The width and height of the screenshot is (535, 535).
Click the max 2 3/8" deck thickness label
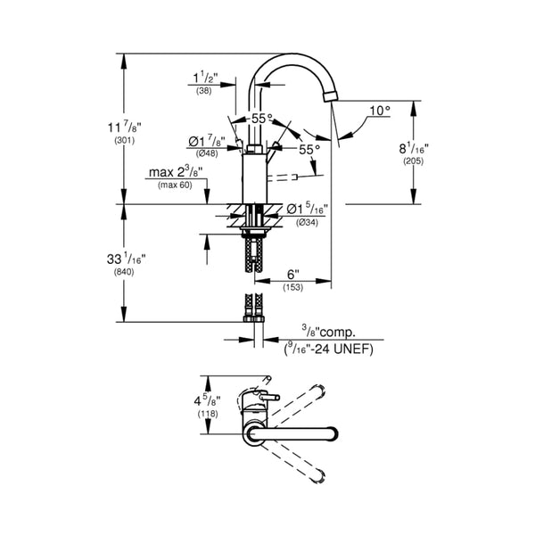click(176, 171)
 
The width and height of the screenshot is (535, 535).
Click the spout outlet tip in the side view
click(332, 96)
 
